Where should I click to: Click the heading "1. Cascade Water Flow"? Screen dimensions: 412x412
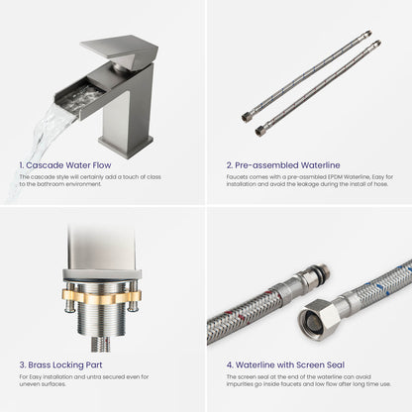click(x=65, y=165)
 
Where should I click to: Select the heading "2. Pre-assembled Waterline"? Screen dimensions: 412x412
click(x=283, y=165)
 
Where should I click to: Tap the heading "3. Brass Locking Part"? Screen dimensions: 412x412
click(x=60, y=364)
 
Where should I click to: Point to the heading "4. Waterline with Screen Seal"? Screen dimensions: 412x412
click(x=285, y=364)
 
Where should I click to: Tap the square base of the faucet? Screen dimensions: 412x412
click(x=126, y=143)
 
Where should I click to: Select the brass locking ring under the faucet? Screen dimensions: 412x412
click(x=102, y=297)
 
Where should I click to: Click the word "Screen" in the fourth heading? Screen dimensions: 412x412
click(x=310, y=364)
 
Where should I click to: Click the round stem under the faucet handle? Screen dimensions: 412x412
click(x=120, y=67)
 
